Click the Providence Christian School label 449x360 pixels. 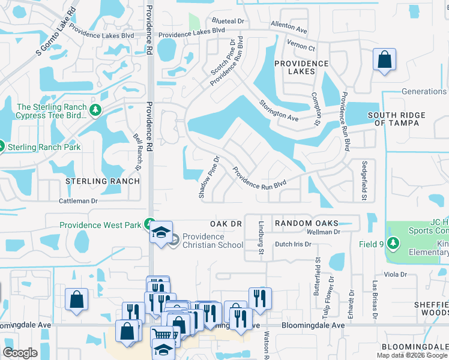coord(212,241)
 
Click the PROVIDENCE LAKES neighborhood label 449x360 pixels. coord(302,67)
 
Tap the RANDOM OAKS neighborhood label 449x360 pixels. coord(307,223)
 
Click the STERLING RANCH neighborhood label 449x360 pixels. coord(103,181)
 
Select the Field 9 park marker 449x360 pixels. coord(393,243)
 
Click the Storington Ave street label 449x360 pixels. coord(279,110)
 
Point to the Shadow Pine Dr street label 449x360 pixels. coord(209,178)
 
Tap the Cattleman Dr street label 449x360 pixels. coord(78,202)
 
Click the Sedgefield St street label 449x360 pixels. coord(364,180)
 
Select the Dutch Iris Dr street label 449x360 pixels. coord(293,244)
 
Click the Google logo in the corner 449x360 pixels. coord(20,353)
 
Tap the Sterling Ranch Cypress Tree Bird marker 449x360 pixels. coord(95,110)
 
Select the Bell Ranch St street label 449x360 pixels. coord(137,151)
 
